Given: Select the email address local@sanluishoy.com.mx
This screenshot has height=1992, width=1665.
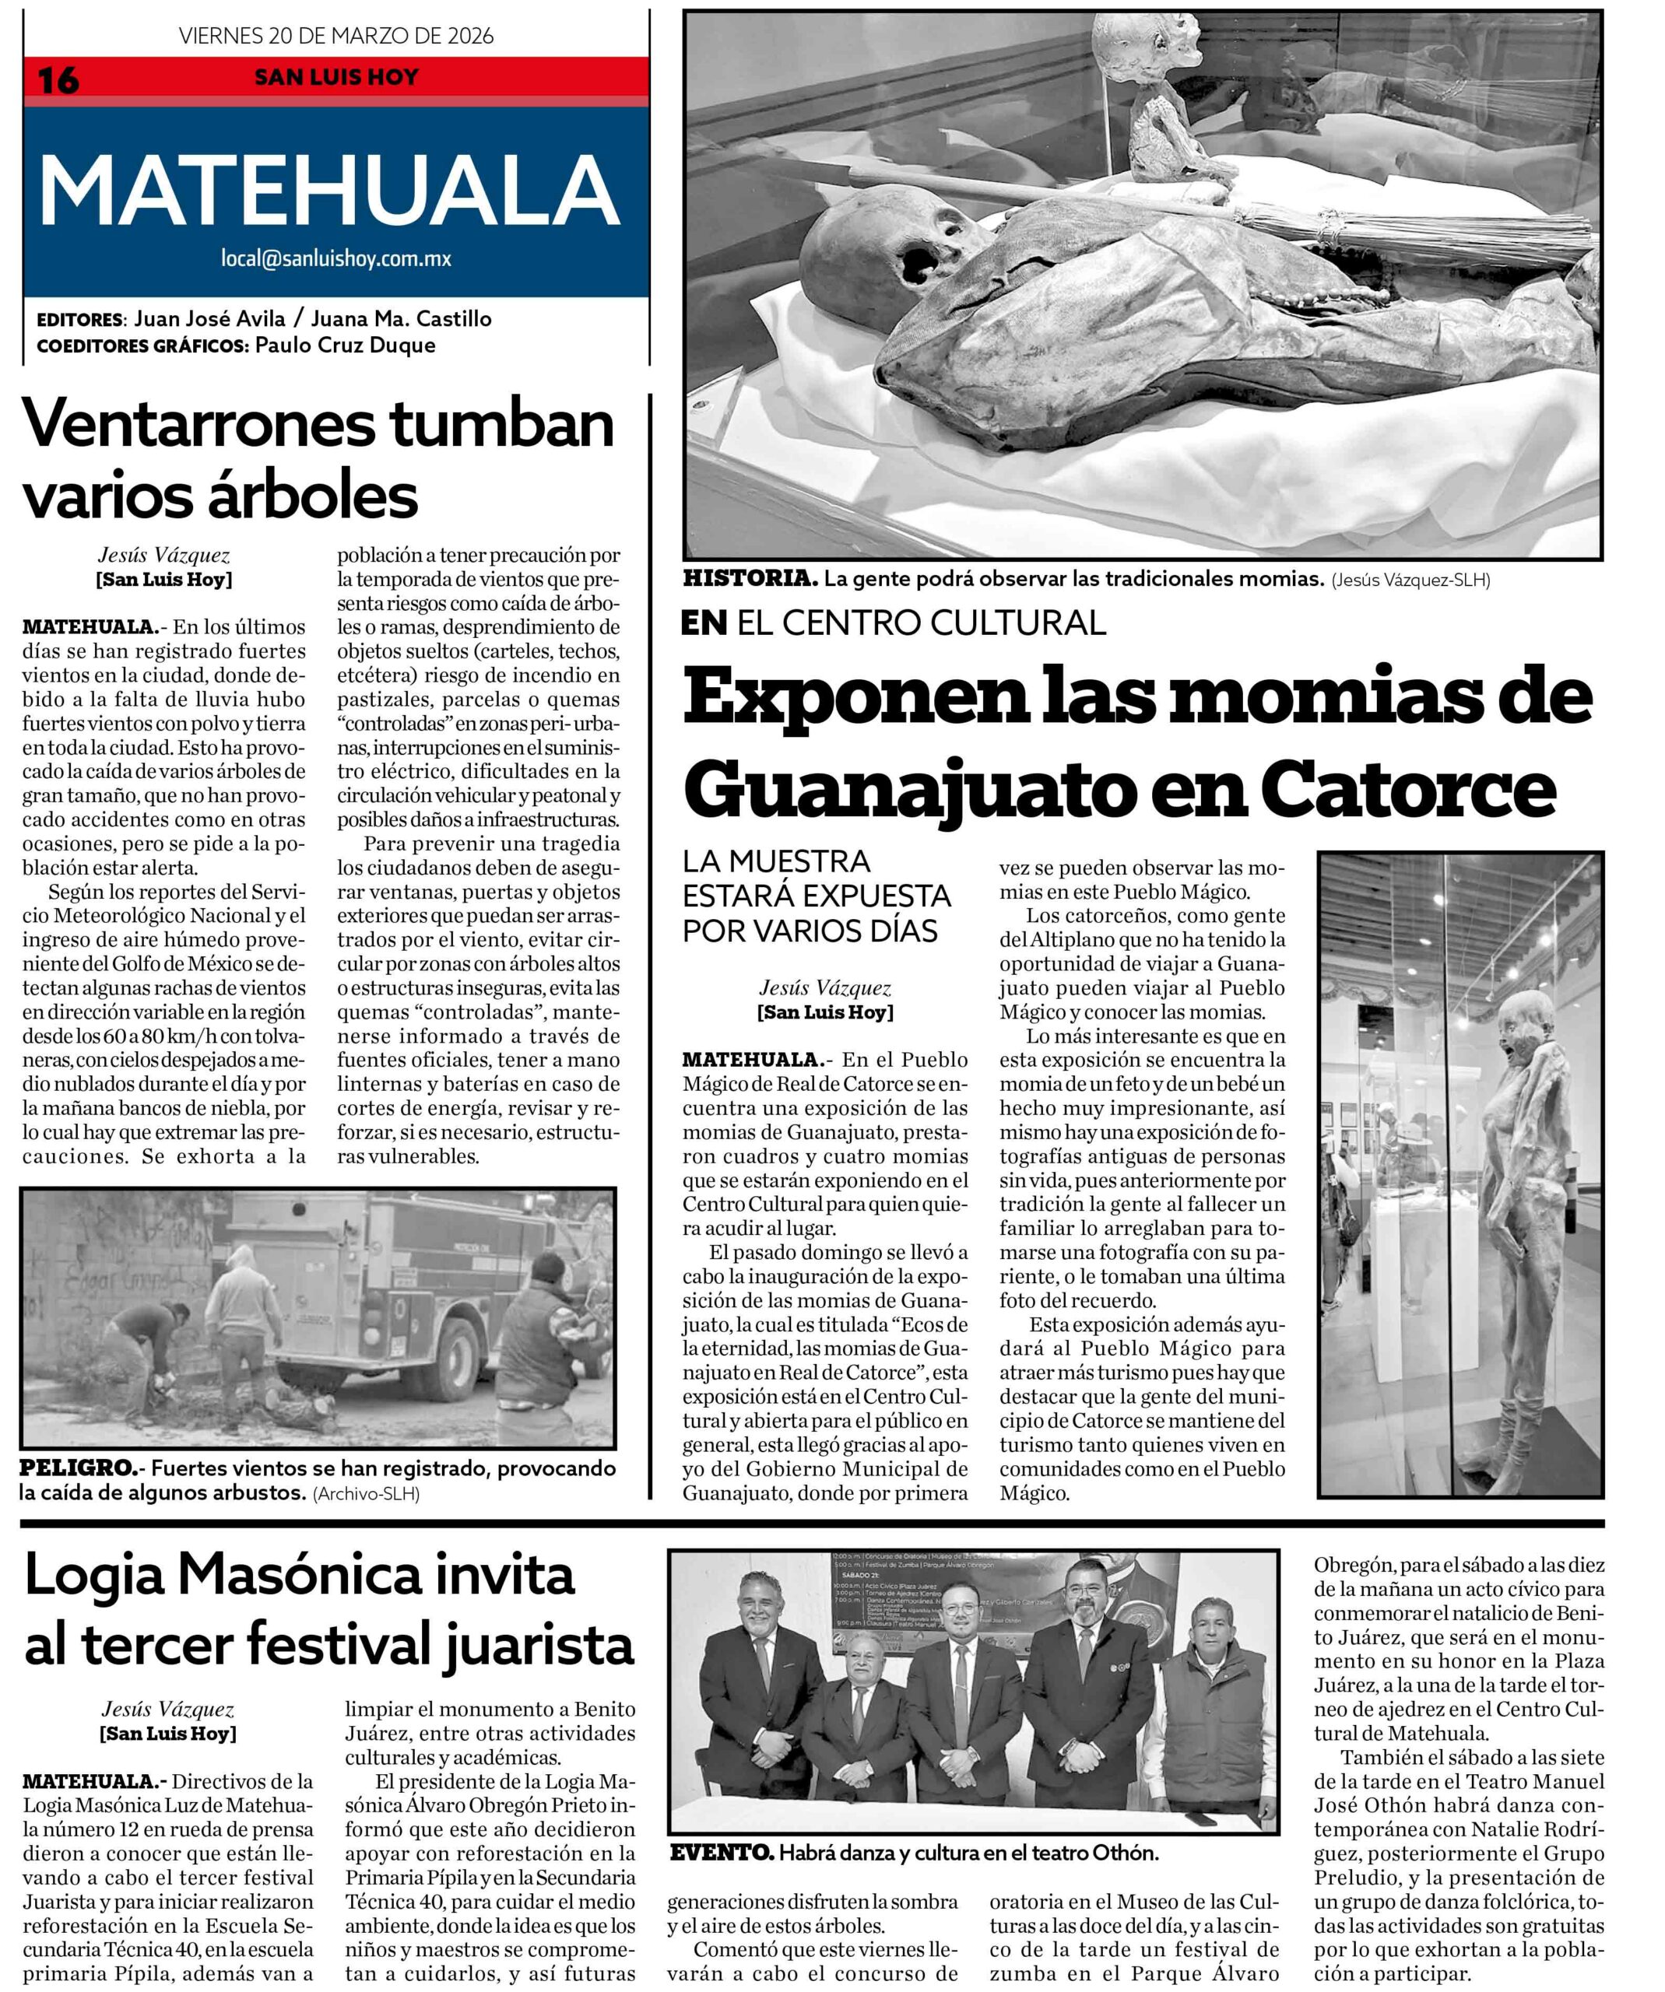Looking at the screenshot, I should click(x=335, y=258).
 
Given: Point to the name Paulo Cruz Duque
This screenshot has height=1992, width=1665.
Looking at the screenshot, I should click(x=346, y=345).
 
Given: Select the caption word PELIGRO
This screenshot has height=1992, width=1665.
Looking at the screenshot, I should click(x=77, y=1468).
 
